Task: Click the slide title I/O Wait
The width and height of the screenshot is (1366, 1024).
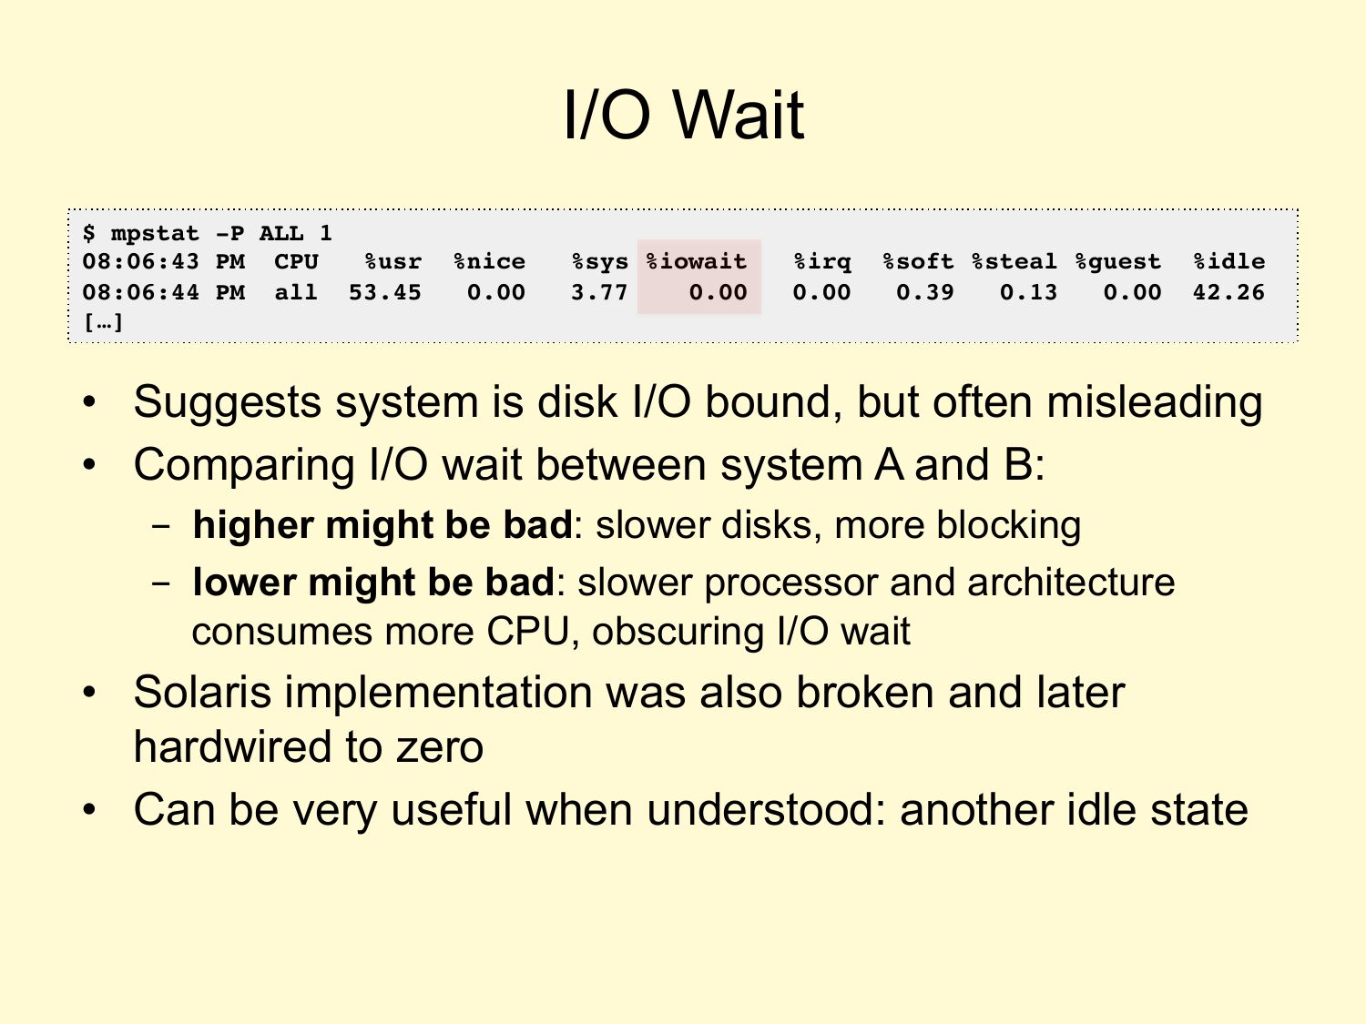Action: click(x=683, y=115)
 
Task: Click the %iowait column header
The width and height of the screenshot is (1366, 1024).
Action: click(x=697, y=261)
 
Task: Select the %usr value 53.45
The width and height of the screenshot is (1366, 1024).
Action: click(x=384, y=292)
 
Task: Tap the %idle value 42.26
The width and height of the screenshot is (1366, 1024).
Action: click(x=1228, y=292)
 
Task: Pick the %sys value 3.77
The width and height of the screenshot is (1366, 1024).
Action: click(x=599, y=292)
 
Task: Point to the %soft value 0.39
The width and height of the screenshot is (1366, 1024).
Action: click(x=924, y=292)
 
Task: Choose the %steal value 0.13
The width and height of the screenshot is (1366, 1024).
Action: click(x=1028, y=292)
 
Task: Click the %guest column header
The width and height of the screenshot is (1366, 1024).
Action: click(x=1117, y=262)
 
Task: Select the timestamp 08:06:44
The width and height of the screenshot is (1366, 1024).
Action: click(x=140, y=292)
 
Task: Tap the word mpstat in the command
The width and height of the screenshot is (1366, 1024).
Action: click(x=155, y=234)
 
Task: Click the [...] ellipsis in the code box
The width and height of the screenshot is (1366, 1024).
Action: click(x=103, y=322)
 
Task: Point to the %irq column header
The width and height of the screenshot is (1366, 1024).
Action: click(x=822, y=262)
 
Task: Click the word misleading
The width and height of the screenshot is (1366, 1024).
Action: click(x=1155, y=402)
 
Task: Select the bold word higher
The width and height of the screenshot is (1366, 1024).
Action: click(x=253, y=525)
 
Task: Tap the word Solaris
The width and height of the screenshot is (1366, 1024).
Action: click(x=202, y=692)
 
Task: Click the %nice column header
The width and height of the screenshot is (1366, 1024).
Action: click(x=489, y=261)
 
